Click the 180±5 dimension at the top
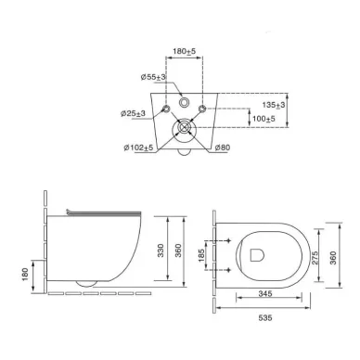coord(185,51)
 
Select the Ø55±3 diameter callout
coord(153,77)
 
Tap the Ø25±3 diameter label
coord(133,113)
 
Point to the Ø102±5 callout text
coord(138,148)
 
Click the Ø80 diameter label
coord(223,148)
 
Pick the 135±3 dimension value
coord(274,105)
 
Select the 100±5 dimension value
coord(264,119)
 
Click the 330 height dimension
coord(161,251)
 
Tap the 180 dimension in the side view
coord(25,275)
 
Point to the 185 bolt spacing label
coord(201,255)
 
